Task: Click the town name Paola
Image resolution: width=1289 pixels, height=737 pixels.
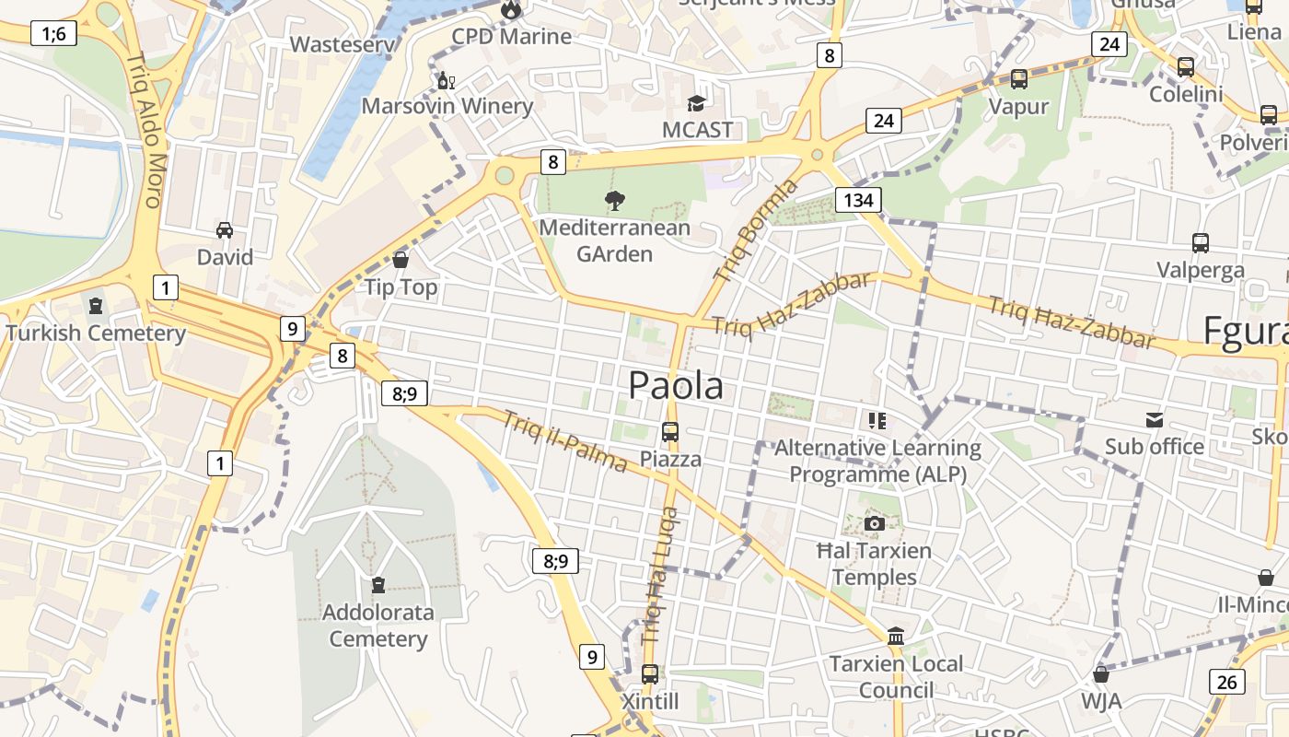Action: pyautogui.click(x=676, y=386)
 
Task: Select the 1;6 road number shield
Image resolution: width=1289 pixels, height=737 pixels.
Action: pyautogui.click(x=53, y=34)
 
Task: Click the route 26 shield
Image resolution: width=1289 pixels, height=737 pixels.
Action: pyautogui.click(x=1227, y=682)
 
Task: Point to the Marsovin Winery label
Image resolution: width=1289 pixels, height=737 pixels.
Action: pyautogui.click(x=447, y=106)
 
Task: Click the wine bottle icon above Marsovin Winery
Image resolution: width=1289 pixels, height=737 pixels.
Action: pyautogui.click(x=447, y=80)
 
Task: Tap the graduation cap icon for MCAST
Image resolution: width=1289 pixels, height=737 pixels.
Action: pyautogui.click(x=697, y=103)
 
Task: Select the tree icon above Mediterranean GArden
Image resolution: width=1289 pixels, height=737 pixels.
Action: pyautogui.click(x=614, y=200)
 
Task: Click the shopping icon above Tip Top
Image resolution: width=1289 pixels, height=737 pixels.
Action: pyautogui.click(x=401, y=260)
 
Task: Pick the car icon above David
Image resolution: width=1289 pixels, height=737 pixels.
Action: pyautogui.click(x=225, y=229)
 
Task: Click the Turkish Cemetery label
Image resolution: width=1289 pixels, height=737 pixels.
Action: pyautogui.click(x=96, y=333)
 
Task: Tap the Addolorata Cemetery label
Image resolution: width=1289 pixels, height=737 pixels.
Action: pyautogui.click(x=377, y=626)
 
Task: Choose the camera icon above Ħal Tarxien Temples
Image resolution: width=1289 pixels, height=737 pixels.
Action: pyautogui.click(x=875, y=524)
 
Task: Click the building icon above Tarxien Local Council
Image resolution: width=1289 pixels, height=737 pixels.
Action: pyautogui.click(x=895, y=636)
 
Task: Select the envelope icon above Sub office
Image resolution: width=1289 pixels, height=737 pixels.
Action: pyautogui.click(x=1155, y=420)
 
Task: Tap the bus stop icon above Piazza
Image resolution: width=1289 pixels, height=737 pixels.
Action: pyautogui.click(x=670, y=431)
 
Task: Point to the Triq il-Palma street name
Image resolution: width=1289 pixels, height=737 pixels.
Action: pyautogui.click(x=564, y=441)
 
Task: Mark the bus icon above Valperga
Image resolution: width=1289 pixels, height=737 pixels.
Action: pyautogui.click(x=1201, y=243)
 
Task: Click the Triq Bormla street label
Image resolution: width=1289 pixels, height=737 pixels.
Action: pyautogui.click(x=757, y=230)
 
